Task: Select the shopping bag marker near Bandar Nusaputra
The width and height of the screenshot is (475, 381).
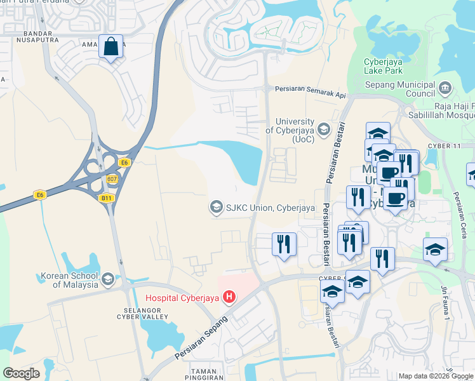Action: point(110,47)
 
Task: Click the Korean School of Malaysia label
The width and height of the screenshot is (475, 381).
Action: point(69,280)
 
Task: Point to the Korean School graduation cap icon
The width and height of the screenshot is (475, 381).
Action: point(107,278)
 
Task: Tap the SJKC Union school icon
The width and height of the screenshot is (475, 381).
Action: point(216,207)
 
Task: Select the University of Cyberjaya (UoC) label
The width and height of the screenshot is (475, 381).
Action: point(295,130)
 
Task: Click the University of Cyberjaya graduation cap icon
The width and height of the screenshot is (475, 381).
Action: point(324,130)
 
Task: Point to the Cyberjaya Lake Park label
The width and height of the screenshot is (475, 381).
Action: point(383,66)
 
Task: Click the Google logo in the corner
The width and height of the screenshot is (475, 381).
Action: point(22,373)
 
